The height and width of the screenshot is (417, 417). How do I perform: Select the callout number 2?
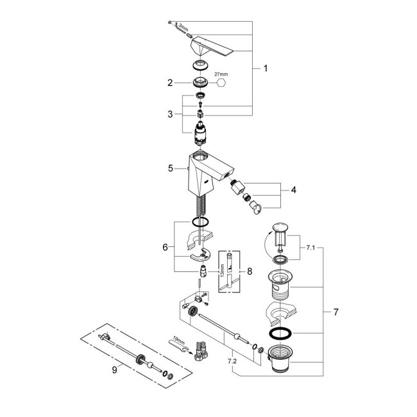click(x=171, y=82)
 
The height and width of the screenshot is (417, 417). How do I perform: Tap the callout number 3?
click(x=171, y=114)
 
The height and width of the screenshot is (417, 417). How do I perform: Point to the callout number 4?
click(x=293, y=190)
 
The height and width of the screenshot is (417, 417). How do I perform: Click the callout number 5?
click(x=171, y=169)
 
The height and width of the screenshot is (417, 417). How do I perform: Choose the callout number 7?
click(x=336, y=312)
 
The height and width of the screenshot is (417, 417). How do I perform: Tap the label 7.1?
click(x=312, y=246)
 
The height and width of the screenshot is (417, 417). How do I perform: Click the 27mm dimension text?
click(x=221, y=74)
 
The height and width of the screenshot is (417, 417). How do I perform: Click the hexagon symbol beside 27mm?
click(x=221, y=83)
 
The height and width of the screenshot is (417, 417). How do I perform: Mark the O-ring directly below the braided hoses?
click(x=201, y=222)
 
